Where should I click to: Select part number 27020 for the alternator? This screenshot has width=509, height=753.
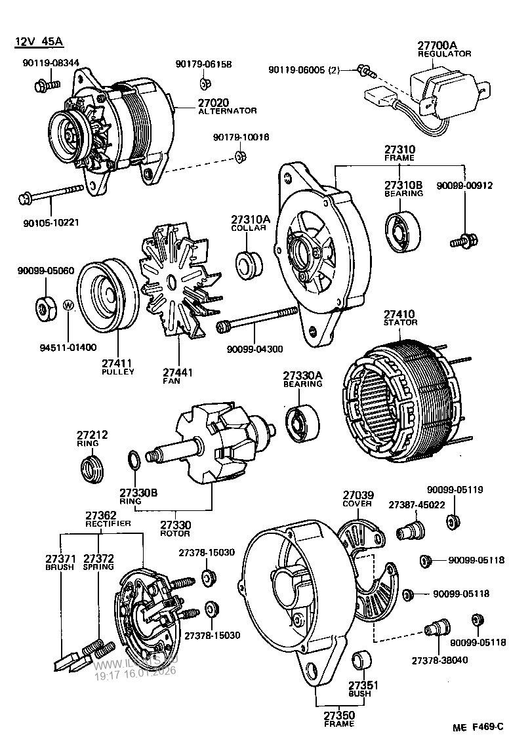click(x=211, y=102)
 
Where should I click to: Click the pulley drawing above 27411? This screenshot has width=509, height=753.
click(x=105, y=298)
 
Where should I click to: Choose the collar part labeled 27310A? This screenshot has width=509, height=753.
click(x=249, y=262)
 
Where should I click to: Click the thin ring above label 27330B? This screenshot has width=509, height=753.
click(x=131, y=460)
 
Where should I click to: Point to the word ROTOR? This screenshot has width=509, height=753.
click(x=175, y=533)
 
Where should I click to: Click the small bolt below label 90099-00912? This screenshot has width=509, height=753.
click(x=464, y=241)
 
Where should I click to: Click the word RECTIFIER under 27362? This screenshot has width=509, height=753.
click(x=108, y=523)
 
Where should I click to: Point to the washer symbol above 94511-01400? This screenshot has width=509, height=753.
click(x=69, y=305)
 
